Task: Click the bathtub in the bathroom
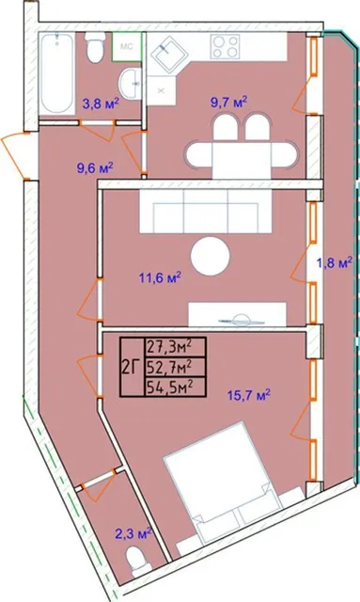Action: (x=56, y=73)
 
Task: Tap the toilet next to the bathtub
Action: (x=94, y=48)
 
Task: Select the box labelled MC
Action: (x=127, y=47)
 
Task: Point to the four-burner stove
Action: (x=226, y=46)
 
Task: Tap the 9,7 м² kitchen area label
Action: (x=228, y=103)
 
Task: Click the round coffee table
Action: (x=211, y=255)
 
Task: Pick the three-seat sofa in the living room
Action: (x=206, y=212)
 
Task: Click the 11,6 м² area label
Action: (x=160, y=277)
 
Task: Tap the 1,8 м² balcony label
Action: (x=334, y=263)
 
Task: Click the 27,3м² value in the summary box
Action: (x=169, y=348)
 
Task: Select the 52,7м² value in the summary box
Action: (x=169, y=368)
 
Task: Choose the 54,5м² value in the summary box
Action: (x=169, y=387)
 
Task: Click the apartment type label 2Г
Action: (x=131, y=368)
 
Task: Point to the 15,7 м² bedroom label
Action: (x=249, y=395)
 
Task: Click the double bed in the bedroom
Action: (x=226, y=475)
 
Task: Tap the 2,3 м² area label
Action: (x=133, y=533)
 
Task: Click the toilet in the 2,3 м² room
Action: (x=137, y=562)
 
